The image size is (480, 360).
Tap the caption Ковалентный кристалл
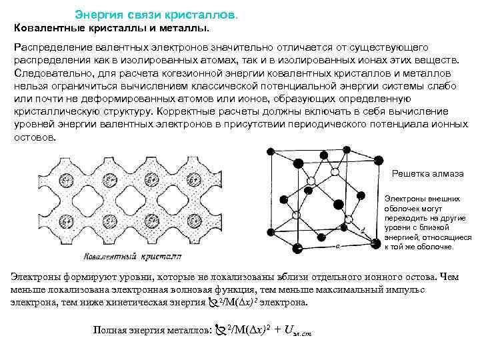133,255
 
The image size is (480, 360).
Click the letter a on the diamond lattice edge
337,245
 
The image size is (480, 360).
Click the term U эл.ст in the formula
297,330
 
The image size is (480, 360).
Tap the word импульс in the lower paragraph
435,290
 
